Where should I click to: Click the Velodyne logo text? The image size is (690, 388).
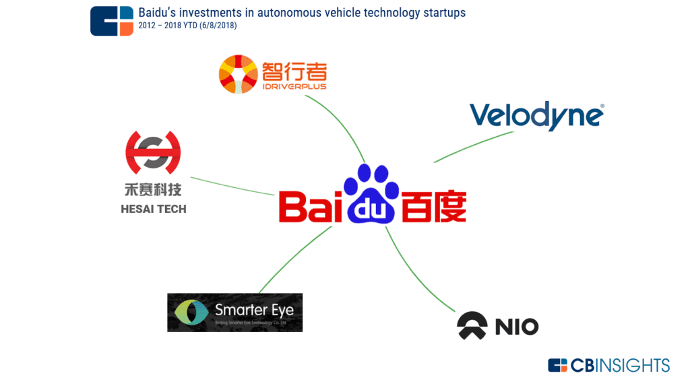point(536,116)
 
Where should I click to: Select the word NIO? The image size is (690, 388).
point(517,327)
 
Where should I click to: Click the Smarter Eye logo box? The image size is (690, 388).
point(234,313)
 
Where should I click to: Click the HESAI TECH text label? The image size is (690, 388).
point(154,209)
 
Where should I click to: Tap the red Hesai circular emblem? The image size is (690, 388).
point(153,152)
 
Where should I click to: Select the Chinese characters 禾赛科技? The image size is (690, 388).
point(153,189)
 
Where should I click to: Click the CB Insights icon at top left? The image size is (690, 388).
point(112,21)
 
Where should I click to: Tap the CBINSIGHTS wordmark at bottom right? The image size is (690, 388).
point(609,365)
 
